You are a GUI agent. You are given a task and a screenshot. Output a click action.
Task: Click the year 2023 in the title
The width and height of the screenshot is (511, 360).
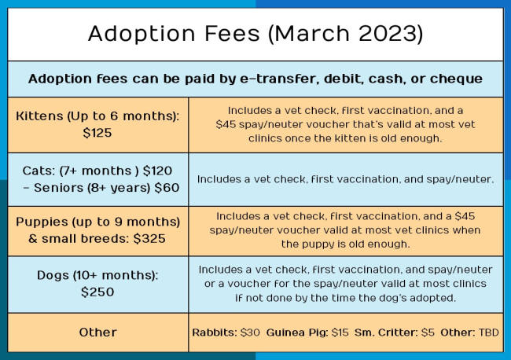pyautogui.click(x=387, y=33)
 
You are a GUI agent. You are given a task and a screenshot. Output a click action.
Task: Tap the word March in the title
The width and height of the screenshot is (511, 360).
pyautogui.click(x=311, y=33)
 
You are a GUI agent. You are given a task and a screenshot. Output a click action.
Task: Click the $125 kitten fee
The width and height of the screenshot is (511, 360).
pyautogui.click(x=97, y=133)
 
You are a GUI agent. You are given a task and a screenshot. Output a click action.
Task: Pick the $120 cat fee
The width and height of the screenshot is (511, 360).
pyautogui.click(x=157, y=171)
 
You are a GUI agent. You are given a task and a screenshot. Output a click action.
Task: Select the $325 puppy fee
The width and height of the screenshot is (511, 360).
pyautogui.click(x=149, y=239)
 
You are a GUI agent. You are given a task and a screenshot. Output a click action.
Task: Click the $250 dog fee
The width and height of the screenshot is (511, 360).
pyautogui.click(x=97, y=292)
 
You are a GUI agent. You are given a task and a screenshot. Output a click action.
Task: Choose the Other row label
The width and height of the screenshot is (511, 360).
pyautogui.click(x=97, y=332)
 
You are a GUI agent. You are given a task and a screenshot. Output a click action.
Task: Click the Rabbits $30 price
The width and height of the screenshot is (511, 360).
pyautogui.click(x=250, y=332)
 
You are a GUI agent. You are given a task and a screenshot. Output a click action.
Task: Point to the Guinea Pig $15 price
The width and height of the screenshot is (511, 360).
pyautogui.click(x=340, y=332)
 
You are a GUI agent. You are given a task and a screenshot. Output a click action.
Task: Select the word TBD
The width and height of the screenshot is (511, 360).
pyautogui.click(x=488, y=332)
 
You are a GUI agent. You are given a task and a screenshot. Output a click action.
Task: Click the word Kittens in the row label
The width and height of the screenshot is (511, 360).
pyautogui.click(x=39, y=116)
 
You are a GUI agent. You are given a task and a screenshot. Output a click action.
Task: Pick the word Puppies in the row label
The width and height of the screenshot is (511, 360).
pyautogui.click(x=42, y=222)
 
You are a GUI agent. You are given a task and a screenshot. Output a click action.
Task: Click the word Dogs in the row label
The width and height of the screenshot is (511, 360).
pyautogui.click(x=53, y=276)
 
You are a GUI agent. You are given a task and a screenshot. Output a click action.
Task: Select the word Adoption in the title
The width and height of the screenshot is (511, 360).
pyautogui.click(x=142, y=34)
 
